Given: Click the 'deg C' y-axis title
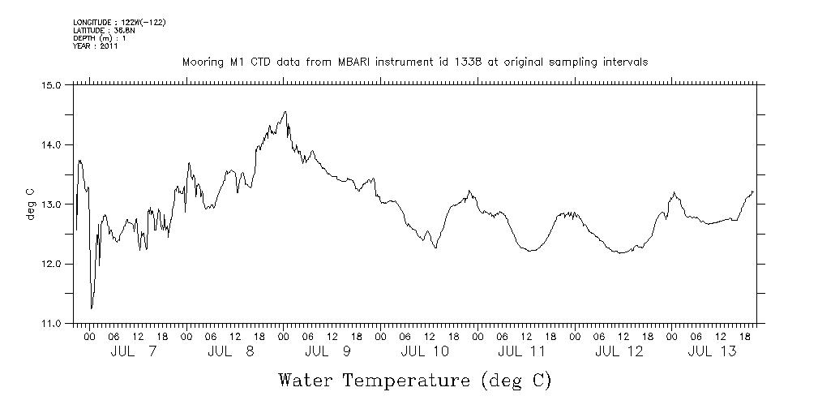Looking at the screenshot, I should (x=30, y=204).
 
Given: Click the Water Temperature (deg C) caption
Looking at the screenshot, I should (x=414, y=380).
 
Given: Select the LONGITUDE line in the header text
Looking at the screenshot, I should (x=119, y=21).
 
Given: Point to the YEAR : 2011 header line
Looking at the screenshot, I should (x=96, y=46).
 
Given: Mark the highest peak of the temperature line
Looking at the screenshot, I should (x=285, y=112).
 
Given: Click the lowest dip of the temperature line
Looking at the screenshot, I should (x=91, y=308).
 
